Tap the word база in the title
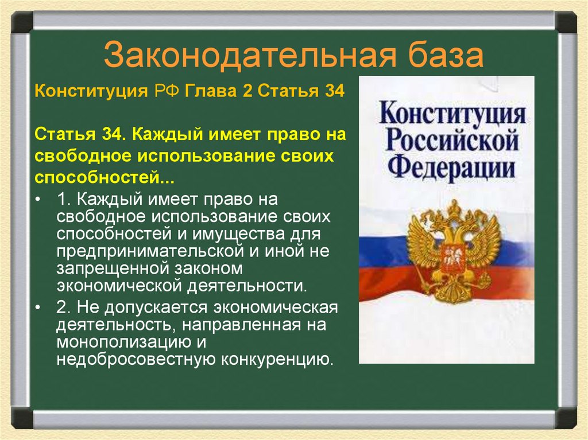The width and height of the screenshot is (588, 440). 447,56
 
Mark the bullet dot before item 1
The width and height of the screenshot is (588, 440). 38,199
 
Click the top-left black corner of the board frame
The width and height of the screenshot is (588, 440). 22,22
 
